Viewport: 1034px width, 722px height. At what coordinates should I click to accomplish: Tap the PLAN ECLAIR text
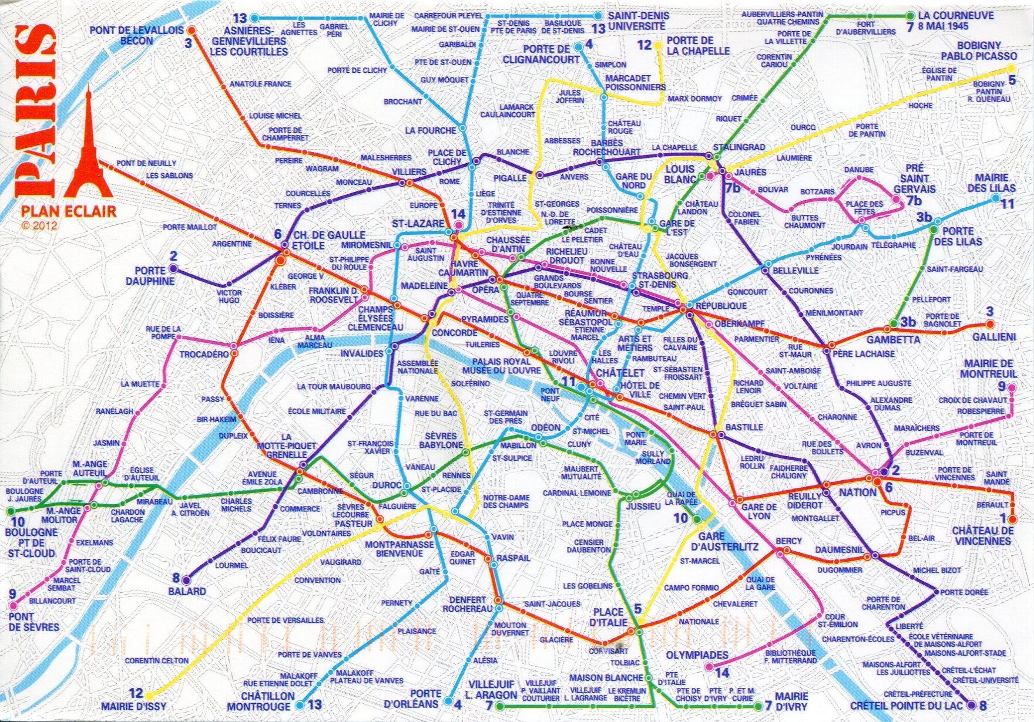tap(69, 211)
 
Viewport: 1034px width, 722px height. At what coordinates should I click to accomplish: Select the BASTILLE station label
tap(744, 427)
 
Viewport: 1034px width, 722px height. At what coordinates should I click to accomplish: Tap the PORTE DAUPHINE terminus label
tap(155, 276)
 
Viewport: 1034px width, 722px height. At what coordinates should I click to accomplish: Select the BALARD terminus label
tap(187, 591)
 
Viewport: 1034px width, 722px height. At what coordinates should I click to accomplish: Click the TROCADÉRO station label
tap(203, 355)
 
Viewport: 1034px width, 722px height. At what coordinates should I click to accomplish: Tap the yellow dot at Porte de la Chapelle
tap(659, 45)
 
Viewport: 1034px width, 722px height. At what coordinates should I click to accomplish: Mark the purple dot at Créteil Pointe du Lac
tap(972, 704)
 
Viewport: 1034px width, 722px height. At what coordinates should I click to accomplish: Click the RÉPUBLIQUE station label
tap(720, 306)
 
